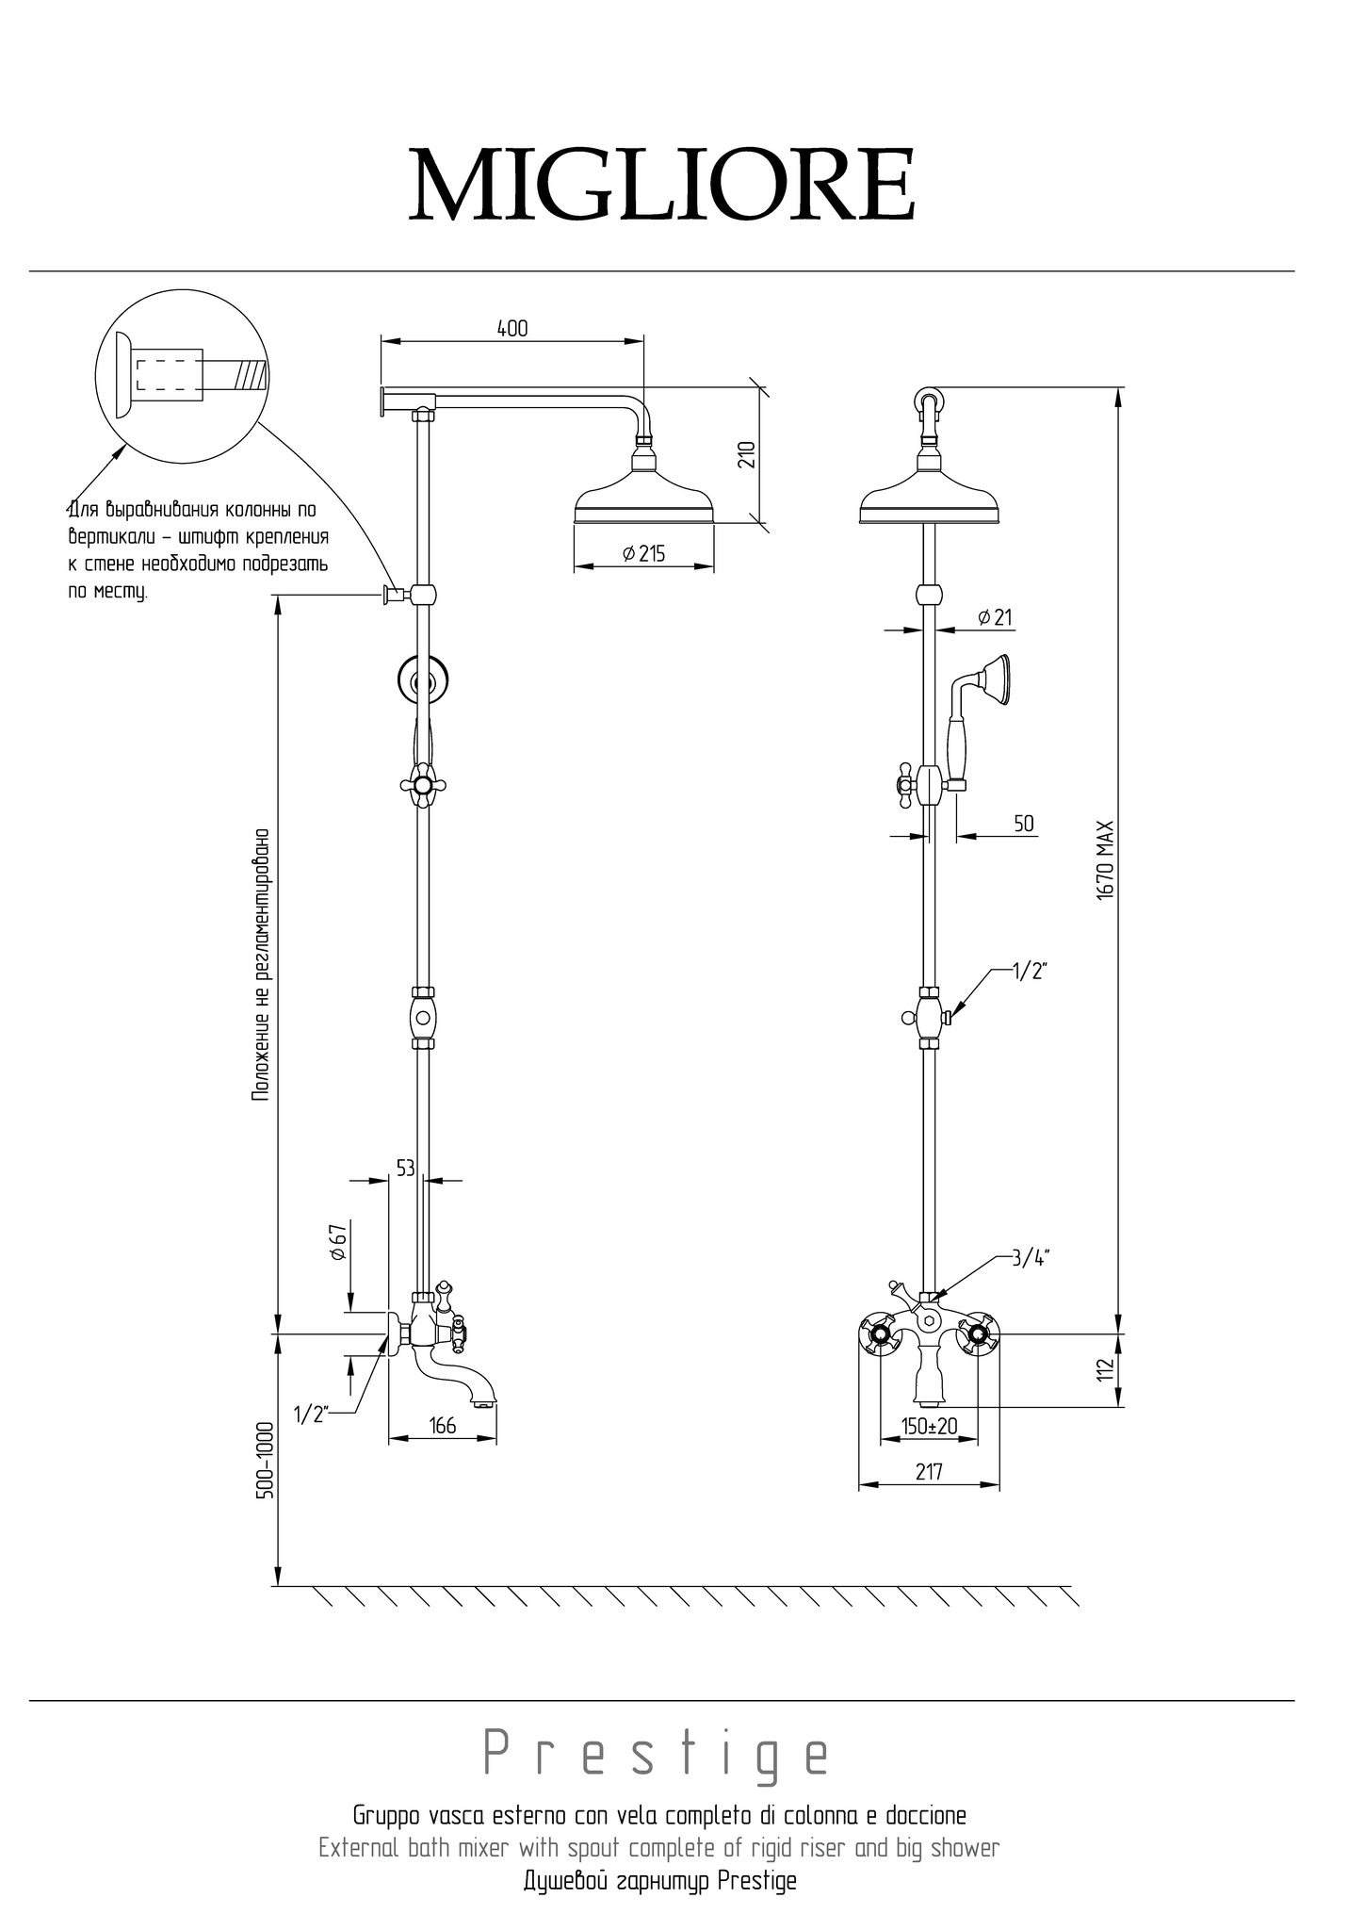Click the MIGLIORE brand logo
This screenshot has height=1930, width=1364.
[661, 185]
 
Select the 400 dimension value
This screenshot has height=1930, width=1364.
[512, 328]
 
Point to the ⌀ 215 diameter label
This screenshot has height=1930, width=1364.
[643, 554]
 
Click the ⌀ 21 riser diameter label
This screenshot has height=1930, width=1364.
[995, 617]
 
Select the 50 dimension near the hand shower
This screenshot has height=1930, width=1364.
[1024, 824]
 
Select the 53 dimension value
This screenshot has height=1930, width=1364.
[405, 1169]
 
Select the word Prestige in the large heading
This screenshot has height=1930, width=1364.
[658, 1753]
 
